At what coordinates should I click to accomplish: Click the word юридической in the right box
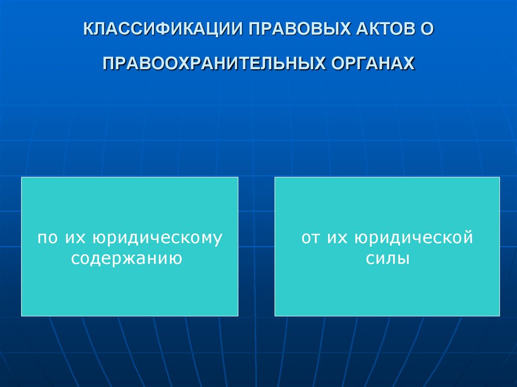click(x=413, y=238)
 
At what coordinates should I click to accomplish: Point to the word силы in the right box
click(x=387, y=258)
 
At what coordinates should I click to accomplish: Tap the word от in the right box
click(x=311, y=238)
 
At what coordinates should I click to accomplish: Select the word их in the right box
click(x=337, y=238)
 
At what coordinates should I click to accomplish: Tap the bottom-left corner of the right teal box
click(x=275, y=315)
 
